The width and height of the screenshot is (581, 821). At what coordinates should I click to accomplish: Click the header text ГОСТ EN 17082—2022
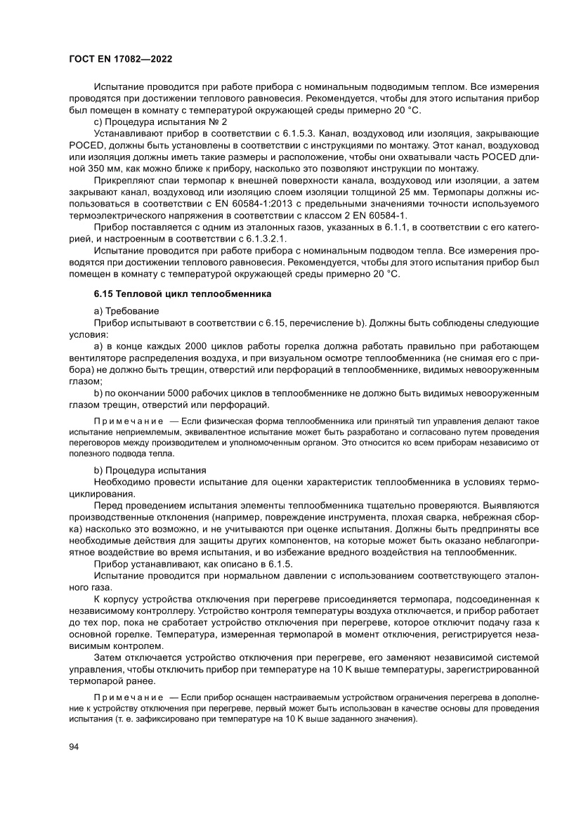coord(121,60)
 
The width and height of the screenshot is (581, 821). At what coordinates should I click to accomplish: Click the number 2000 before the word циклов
coord(204,346)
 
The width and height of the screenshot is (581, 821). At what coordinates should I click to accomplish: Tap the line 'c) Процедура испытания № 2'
coord(157,121)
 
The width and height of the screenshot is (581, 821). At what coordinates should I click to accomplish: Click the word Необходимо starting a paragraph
coord(119,480)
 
